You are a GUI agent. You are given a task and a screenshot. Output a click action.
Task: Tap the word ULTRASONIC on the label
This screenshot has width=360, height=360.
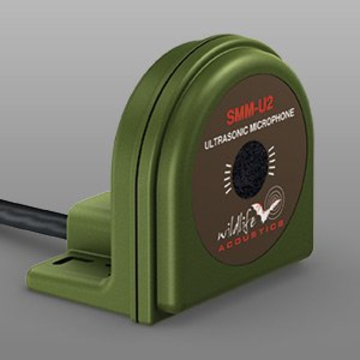click(x=226, y=137)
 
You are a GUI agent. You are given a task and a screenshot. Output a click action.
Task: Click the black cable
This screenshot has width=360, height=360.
click(x=32, y=216)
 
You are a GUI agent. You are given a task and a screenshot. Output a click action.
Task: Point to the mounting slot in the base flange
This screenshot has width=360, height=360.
click(x=72, y=259)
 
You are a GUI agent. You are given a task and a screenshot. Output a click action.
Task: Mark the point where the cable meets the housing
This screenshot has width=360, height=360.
click(x=68, y=225)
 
